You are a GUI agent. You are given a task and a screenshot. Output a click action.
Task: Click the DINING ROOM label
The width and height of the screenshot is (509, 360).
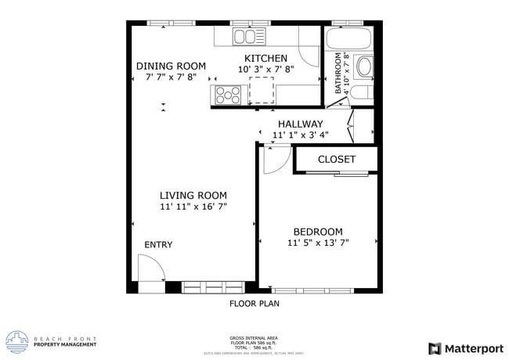[171, 67]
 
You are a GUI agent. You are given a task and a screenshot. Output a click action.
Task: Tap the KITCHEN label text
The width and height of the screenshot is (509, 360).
[265, 59]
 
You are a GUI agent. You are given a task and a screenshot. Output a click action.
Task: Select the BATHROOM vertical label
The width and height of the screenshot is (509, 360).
[339, 74]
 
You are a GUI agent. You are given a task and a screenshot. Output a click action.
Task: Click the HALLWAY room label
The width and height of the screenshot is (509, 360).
[300, 124]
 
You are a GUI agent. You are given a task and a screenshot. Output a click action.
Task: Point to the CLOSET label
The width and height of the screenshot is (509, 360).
[337, 160]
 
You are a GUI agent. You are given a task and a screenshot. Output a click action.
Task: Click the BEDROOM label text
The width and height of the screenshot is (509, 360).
[318, 232]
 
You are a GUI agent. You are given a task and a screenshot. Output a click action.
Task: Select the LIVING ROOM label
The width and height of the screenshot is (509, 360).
[193, 196]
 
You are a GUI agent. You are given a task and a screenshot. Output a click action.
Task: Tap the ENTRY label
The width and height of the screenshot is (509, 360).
[158, 245]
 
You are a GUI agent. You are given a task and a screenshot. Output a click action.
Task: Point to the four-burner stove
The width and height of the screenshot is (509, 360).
[228, 95]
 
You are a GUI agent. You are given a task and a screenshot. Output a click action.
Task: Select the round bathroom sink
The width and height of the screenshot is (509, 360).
[364, 67]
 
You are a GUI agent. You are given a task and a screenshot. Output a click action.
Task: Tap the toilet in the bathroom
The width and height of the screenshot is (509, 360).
[361, 94]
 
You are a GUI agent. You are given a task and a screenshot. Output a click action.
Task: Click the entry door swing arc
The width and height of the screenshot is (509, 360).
[150, 272]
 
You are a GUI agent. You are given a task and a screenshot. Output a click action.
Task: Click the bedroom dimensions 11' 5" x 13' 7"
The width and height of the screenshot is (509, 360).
[318, 243]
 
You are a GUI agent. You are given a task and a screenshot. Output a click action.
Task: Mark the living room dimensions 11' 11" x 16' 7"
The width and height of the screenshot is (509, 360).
[193, 207]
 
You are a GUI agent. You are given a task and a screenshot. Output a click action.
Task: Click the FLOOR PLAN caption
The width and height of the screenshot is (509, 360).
[254, 303]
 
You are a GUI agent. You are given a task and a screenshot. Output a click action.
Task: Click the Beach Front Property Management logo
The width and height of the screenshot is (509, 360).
[52, 342]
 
